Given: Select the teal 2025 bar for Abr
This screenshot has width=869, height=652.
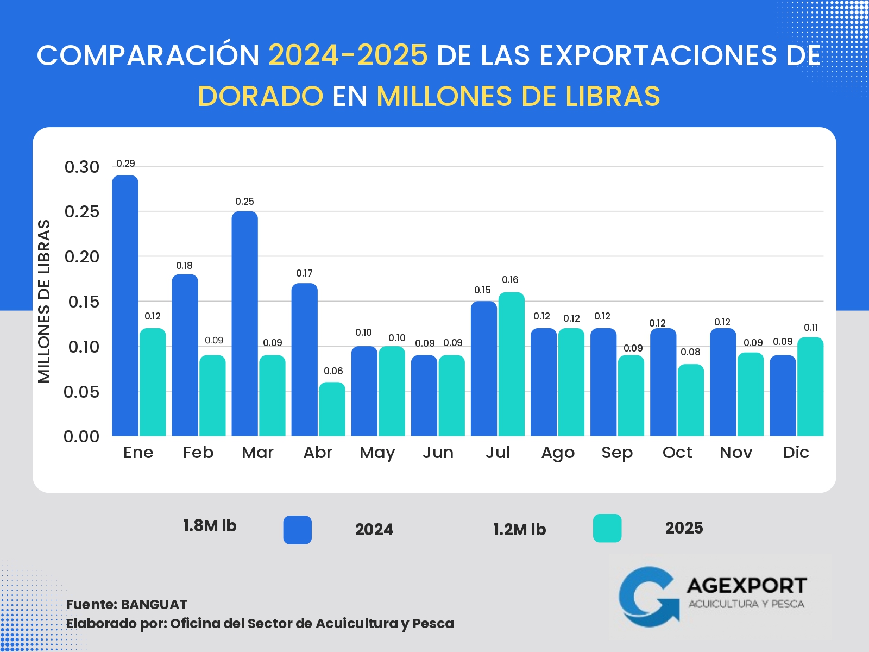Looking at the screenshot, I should click(332, 409).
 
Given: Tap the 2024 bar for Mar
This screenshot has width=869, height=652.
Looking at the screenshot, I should click(244, 323).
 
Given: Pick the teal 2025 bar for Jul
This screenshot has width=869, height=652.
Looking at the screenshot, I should click(511, 364).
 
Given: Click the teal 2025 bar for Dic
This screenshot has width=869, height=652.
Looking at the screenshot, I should click(810, 386).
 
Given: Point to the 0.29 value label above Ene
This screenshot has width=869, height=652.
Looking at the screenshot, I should click(125, 164).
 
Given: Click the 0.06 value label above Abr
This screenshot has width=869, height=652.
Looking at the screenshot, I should click(333, 371).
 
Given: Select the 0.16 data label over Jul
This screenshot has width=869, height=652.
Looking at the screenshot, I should click(510, 280).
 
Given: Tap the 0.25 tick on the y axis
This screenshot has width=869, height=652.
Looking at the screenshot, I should click(82, 211).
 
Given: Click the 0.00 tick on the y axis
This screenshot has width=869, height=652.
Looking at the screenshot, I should click(81, 436).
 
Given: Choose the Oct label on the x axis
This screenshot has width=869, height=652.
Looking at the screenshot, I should click(677, 453).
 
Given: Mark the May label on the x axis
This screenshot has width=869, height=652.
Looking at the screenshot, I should click(377, 453).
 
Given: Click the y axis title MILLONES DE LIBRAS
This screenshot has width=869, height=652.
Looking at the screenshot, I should click(44, 301).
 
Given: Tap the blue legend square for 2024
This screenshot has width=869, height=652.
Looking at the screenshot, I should click(297, 530).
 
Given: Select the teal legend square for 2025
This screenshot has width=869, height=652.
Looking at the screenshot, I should click(607, 528).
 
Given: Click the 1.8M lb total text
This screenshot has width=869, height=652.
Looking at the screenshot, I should click(210, 526).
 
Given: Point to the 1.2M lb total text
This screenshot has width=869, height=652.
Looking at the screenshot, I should click(519, 530).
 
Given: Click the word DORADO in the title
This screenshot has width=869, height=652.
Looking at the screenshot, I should click(261, 97).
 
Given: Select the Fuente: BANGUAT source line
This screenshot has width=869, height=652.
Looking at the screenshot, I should click(127, 605).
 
